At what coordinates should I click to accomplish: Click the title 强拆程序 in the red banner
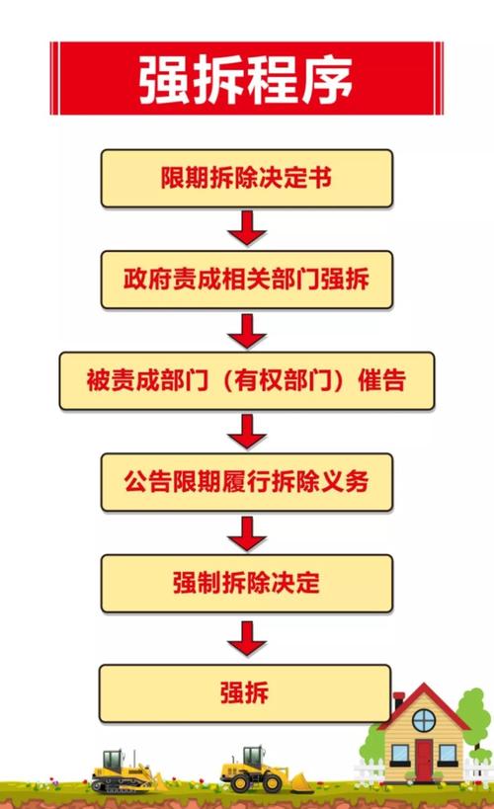(246, 79)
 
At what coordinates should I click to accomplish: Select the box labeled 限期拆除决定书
(247, 179)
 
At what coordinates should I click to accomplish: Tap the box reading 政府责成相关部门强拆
(247, 280)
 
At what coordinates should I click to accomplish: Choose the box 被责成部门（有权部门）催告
(247, 380)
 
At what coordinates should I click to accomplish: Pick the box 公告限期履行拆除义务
(247, 482)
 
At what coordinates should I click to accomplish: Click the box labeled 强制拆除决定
(247, 584)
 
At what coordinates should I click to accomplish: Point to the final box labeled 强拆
(245, 692)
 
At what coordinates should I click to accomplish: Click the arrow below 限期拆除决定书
(247, 227)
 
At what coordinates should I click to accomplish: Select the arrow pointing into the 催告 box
(247, 331)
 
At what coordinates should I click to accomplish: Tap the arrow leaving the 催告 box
(247, 432)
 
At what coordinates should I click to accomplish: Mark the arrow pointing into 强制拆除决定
(247, 533)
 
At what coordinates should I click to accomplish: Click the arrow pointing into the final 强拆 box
(247, 638)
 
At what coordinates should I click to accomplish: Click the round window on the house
(424, 720)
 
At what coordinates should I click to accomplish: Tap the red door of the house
(424, 760)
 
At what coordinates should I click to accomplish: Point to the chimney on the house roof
(398, 702)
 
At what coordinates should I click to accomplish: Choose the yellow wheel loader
(263, 769)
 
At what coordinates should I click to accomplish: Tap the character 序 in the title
(328, 79)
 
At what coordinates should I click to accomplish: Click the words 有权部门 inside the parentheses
(284, 380)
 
